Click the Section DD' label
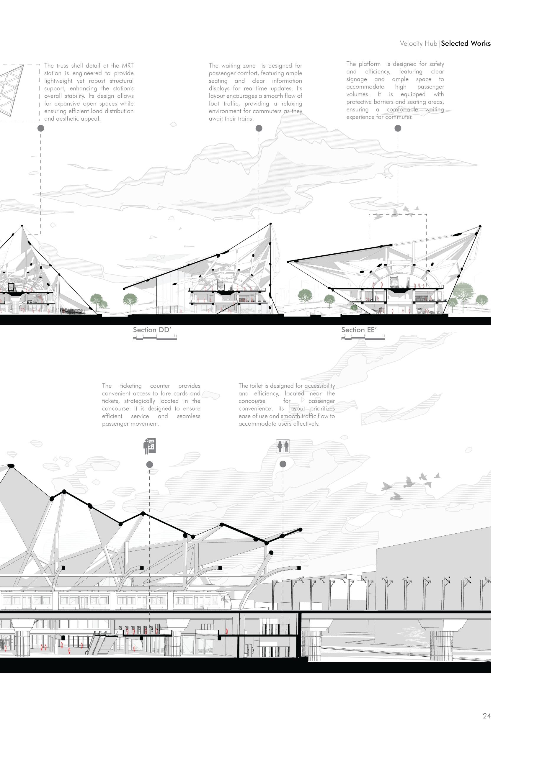click(152, 329)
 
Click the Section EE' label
click(359, 329)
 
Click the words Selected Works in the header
click(466, 43)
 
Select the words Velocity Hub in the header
click(418, 43)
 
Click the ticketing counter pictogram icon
click(150, 446)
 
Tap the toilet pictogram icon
click(283, 446)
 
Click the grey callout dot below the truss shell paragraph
click(41, 128)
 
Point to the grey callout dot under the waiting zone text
click(259, 128)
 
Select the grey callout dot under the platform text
click(398, 128)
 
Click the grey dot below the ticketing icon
click(150, 465)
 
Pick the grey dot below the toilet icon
click(283, 464)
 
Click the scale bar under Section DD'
click(155, 338)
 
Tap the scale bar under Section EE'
click(363, 338)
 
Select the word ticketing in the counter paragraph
click(131, 386)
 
